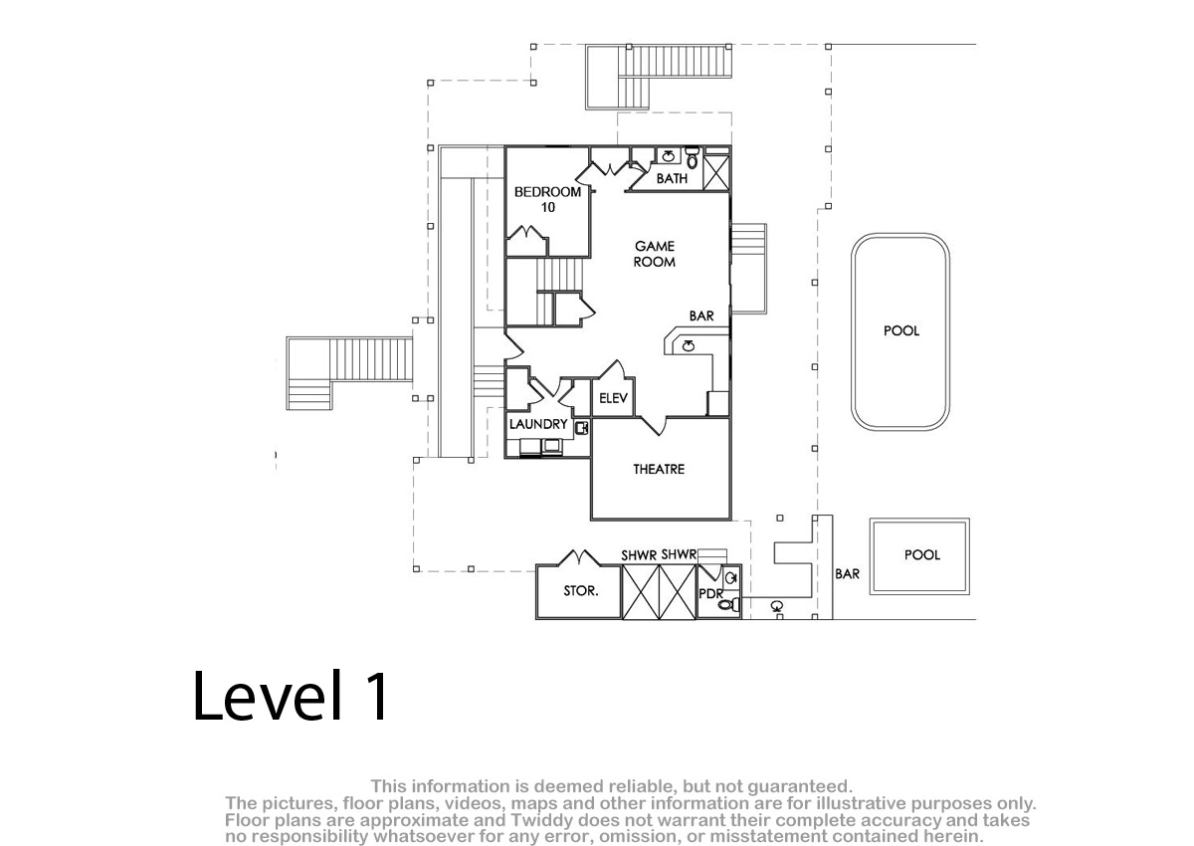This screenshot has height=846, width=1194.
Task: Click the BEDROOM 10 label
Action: (547, 199)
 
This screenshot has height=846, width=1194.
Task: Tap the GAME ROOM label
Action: (655, 254)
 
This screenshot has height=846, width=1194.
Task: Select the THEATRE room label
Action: (659, 469)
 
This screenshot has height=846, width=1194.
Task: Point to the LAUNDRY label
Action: (538, 424)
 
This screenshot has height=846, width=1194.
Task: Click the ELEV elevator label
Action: (614, 398)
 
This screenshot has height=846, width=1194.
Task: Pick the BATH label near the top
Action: (672, 178)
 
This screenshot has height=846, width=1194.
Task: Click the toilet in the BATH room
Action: (692, 157)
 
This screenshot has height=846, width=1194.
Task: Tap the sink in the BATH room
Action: (669, 155)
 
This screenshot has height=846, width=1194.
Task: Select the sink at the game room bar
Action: (689, 346)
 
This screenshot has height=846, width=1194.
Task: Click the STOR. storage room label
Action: (581, 590)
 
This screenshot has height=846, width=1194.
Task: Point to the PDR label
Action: (711, 594)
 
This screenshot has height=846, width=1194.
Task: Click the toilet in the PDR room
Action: (728, 604)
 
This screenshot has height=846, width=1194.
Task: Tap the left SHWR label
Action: (639, 555)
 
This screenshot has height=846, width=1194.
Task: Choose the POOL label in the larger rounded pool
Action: (901, 330)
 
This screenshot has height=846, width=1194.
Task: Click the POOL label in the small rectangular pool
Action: (922, 555)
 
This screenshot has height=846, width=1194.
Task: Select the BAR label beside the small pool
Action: (847, 574)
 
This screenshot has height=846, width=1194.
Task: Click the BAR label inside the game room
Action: (701, 317)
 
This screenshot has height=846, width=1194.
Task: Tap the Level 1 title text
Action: (291, 696)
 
